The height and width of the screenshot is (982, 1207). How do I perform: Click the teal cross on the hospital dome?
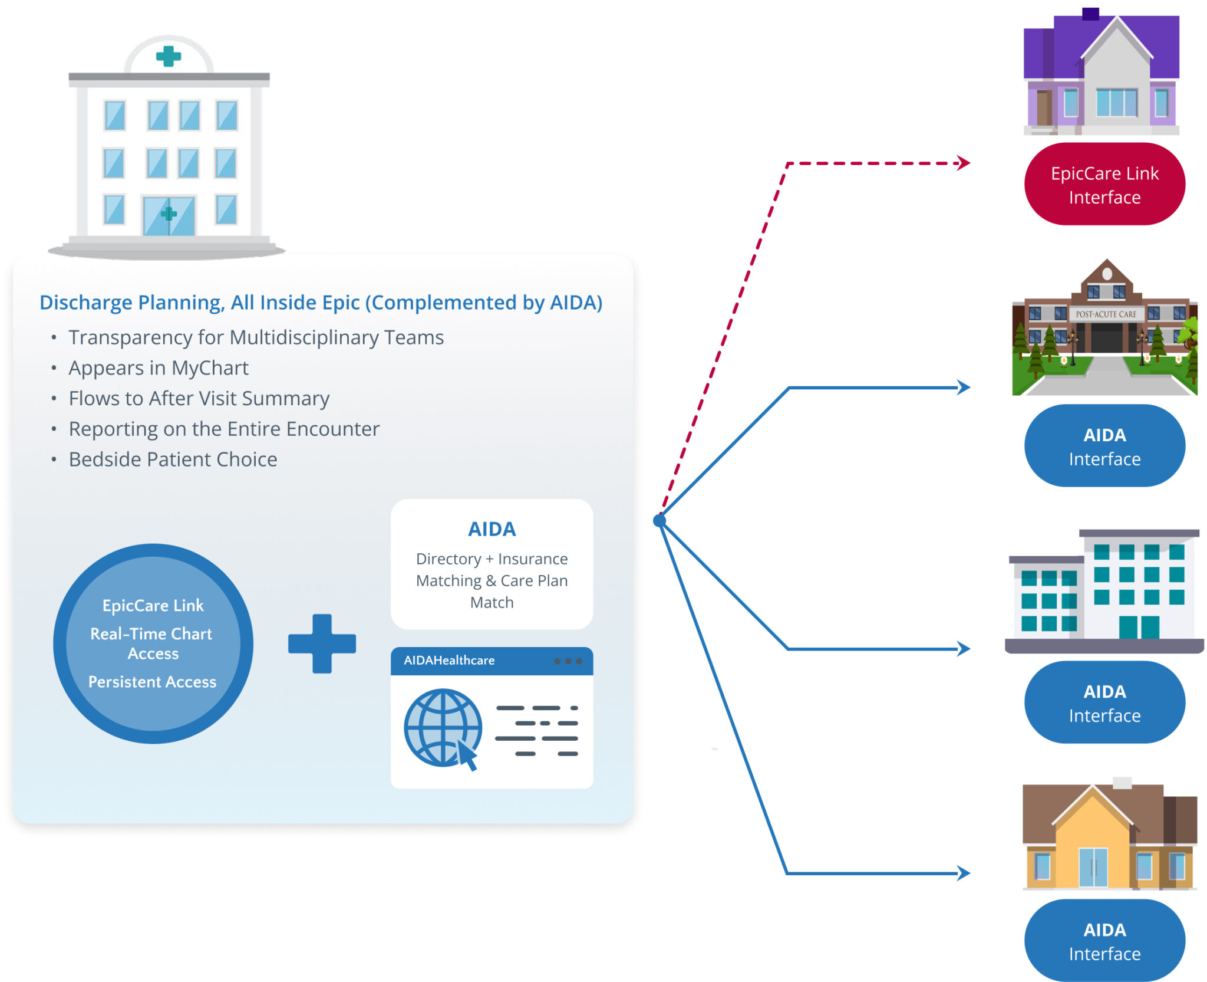(168, 56)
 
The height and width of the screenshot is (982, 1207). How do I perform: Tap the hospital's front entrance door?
(169, 216)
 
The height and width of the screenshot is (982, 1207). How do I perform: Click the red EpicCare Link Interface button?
(1104, 185)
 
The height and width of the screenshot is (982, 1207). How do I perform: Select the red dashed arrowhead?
(964, 163)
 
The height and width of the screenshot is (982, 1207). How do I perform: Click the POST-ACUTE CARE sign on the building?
(1106, 314)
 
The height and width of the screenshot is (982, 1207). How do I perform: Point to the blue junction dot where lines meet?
(659, 520)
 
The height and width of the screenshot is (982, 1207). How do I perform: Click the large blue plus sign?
(322, 643)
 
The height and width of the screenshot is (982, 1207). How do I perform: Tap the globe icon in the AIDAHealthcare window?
(443, 728)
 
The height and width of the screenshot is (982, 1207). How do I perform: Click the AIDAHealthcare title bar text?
(449, 661)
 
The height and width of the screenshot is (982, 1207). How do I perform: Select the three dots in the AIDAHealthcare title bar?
(568, 661)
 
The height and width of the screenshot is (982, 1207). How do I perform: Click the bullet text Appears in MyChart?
(159, 368)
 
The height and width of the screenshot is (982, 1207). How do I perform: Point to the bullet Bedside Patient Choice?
(173, 459)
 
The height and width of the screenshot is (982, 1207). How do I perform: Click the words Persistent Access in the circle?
(153, 682)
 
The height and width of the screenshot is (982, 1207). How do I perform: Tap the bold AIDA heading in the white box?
(492, 529)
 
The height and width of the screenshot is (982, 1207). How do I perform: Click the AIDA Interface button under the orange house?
(1104, 941)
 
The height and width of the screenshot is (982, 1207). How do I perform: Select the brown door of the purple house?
(1044, 107)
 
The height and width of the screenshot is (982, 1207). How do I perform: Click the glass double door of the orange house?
(1093, 867)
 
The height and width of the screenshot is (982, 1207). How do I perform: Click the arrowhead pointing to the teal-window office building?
(964, 649)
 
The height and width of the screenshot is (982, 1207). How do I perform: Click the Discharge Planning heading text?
(321, 303)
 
